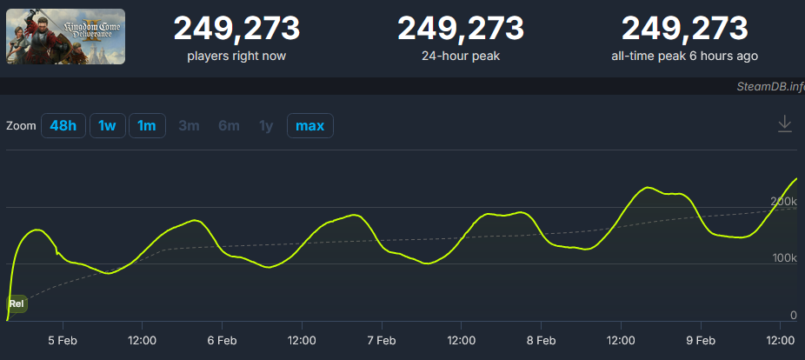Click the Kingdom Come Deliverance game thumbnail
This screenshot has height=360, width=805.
pyautogui.click(x=66, y=36)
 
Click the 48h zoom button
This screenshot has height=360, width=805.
pyautogui.click(x=63, y=125)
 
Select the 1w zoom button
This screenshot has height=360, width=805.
pyautogui.click(x=107, y=125)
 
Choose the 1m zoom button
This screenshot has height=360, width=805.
pyautogui.click(x=147, y=125)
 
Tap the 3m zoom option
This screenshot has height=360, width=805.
pyautogui.click(x=189, y=125)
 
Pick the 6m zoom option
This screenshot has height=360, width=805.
pyautogui.click(x=229, y=125)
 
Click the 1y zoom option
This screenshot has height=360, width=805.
pyautogui.click(x=266, y=125)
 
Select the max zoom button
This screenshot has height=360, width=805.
pyautogui.click(x=309, y=125)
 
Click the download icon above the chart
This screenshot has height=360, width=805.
pyautogui.click(x=784, y=124)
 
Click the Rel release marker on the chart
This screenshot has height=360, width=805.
pyautogui.click(x=17, y=303)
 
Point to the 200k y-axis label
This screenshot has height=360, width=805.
pyautogui.click(x=783, y=202)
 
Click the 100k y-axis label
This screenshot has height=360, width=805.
pyautogui.click(x=783, y=258)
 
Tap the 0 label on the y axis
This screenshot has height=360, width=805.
pyautogui.click(x=793, y=315)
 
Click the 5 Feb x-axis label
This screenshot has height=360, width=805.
pyautogui.click(x=63, y=340)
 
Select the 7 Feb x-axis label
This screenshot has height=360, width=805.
pyautogui.click(x=382, y=340)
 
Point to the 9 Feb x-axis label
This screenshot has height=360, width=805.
pyautogui.click(x=701, y=340)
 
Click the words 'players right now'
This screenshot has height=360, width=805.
pyautogui.click(x=236, y=57)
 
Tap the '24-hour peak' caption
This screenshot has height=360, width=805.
pyautogui.click(x=461, y=57)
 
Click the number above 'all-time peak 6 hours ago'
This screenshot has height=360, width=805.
pyautogui.click(x=684, y=29)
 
